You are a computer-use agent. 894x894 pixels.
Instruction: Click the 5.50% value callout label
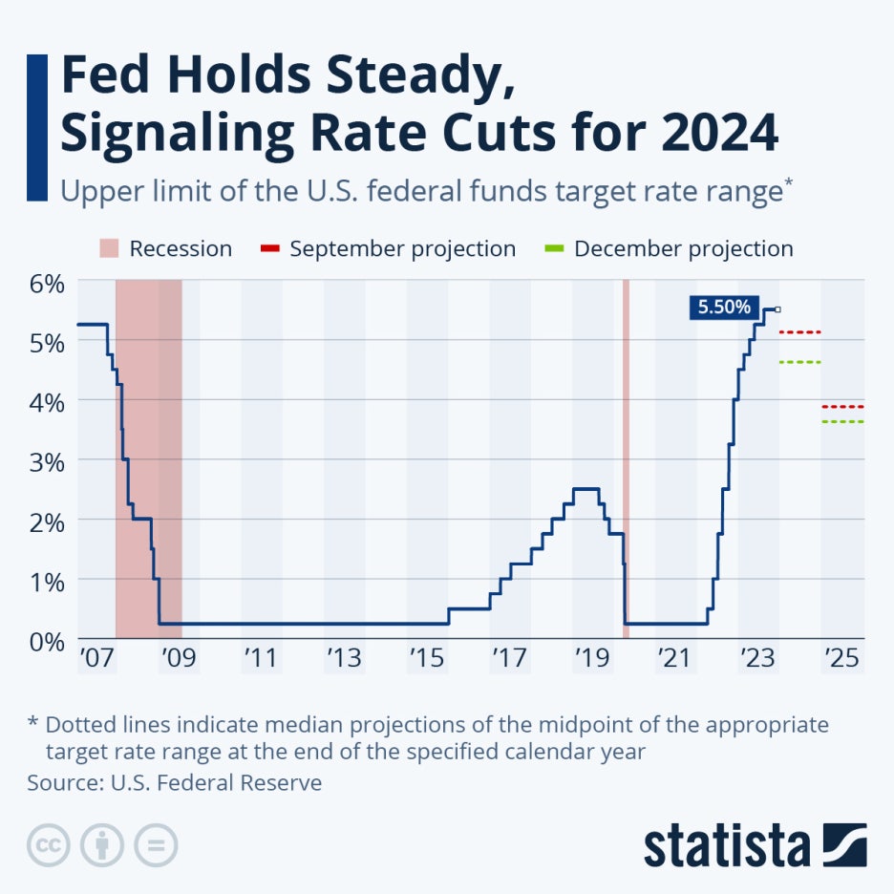coord(724,308)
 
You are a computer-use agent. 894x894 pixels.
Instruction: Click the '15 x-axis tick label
coord(427,658)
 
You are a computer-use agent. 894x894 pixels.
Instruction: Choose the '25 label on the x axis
coord(842,658)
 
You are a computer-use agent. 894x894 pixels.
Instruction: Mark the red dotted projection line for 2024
coord(800,332)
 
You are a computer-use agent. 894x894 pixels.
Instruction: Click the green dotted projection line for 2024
coord(800,362)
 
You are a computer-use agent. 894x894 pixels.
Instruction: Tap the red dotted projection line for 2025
coord(842,407)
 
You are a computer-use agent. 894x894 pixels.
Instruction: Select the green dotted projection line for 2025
coord(842,421)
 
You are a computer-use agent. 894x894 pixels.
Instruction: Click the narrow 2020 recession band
coord(626,458)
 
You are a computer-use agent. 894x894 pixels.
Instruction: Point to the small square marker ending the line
coord(777,309)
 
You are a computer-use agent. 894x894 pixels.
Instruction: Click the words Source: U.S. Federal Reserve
coord(175,783)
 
